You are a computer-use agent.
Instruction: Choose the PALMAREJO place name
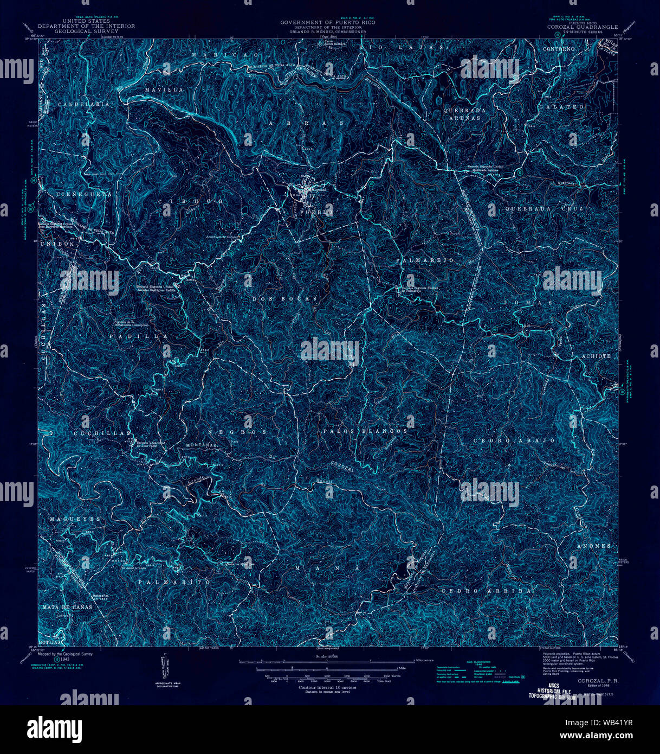tap(424, 261)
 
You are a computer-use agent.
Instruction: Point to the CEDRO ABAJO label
tap(514, 441)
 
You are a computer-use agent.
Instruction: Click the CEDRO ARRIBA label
tap(484, 590)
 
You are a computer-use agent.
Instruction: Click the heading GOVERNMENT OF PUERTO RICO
tap(327, 23)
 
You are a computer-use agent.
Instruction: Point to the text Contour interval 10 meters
tap(327, 687)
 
